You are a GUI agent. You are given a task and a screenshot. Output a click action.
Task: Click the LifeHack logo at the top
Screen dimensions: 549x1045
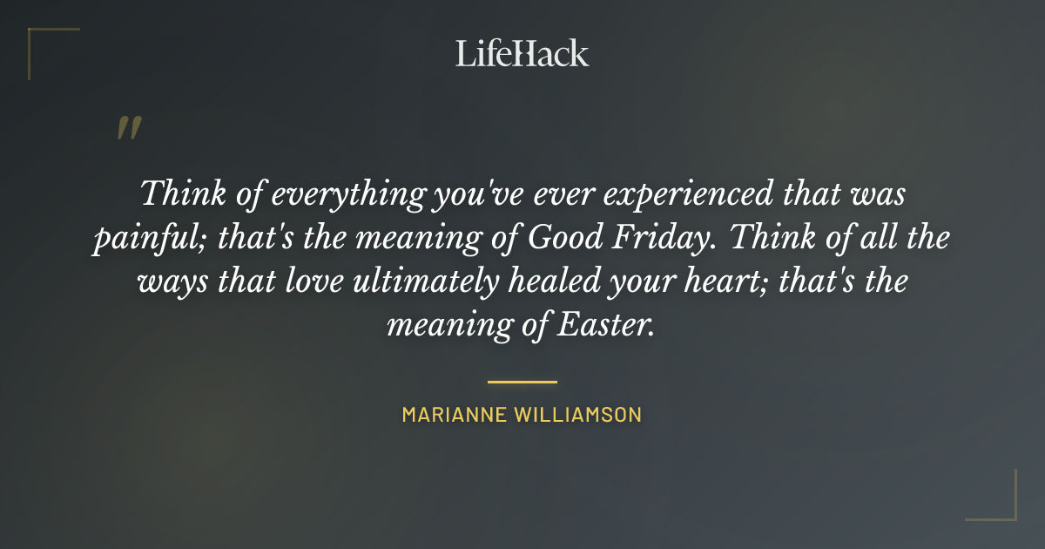pyautogui.click(x=522, y=53)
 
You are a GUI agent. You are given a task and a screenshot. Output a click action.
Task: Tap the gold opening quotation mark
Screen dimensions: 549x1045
pyautogui.click(x=129, y=128)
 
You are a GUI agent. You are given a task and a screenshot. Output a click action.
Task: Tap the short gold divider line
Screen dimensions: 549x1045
pyautogui.click(x=522, y=382)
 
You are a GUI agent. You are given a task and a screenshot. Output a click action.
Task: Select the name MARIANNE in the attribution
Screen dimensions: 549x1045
pyautogui.click(x=453, y=415)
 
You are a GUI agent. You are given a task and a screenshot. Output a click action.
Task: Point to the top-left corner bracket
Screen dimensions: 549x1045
pyautogui.click(x=39, y=39)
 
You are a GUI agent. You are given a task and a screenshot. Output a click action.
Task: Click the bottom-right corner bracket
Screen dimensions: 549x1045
pyautogui.click(x=1005, y=509)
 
